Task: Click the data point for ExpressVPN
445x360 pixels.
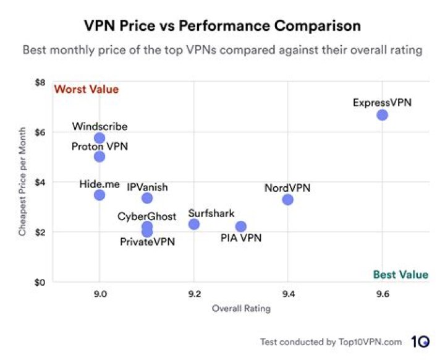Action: click(x=382, y=114)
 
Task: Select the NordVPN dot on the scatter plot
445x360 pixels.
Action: click(x=287, y=199)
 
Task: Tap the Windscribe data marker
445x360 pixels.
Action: click(x=100, y=138)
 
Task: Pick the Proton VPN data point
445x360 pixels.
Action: click(x=100, y=156)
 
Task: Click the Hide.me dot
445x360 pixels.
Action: click(x=100, y=195)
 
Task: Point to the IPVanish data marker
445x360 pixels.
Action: click(x=147, y=198)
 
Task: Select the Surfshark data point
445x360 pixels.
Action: click(x=194, y=224)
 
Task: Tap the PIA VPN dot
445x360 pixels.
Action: click(x=241, y=226)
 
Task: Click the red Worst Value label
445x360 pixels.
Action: click(x=87, y=89)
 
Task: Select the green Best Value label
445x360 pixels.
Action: click(x=400, y=275)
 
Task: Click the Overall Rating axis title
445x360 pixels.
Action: click(x=240, y=309)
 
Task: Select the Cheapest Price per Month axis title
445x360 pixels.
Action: click(x=22, y=183)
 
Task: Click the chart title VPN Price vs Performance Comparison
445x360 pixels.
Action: click(x=222, y=27)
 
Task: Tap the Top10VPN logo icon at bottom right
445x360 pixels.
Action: click(x=420, y=342)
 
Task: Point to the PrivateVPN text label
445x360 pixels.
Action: click(x=147, y=242)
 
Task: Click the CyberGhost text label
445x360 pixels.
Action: click(x=147, y=216)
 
